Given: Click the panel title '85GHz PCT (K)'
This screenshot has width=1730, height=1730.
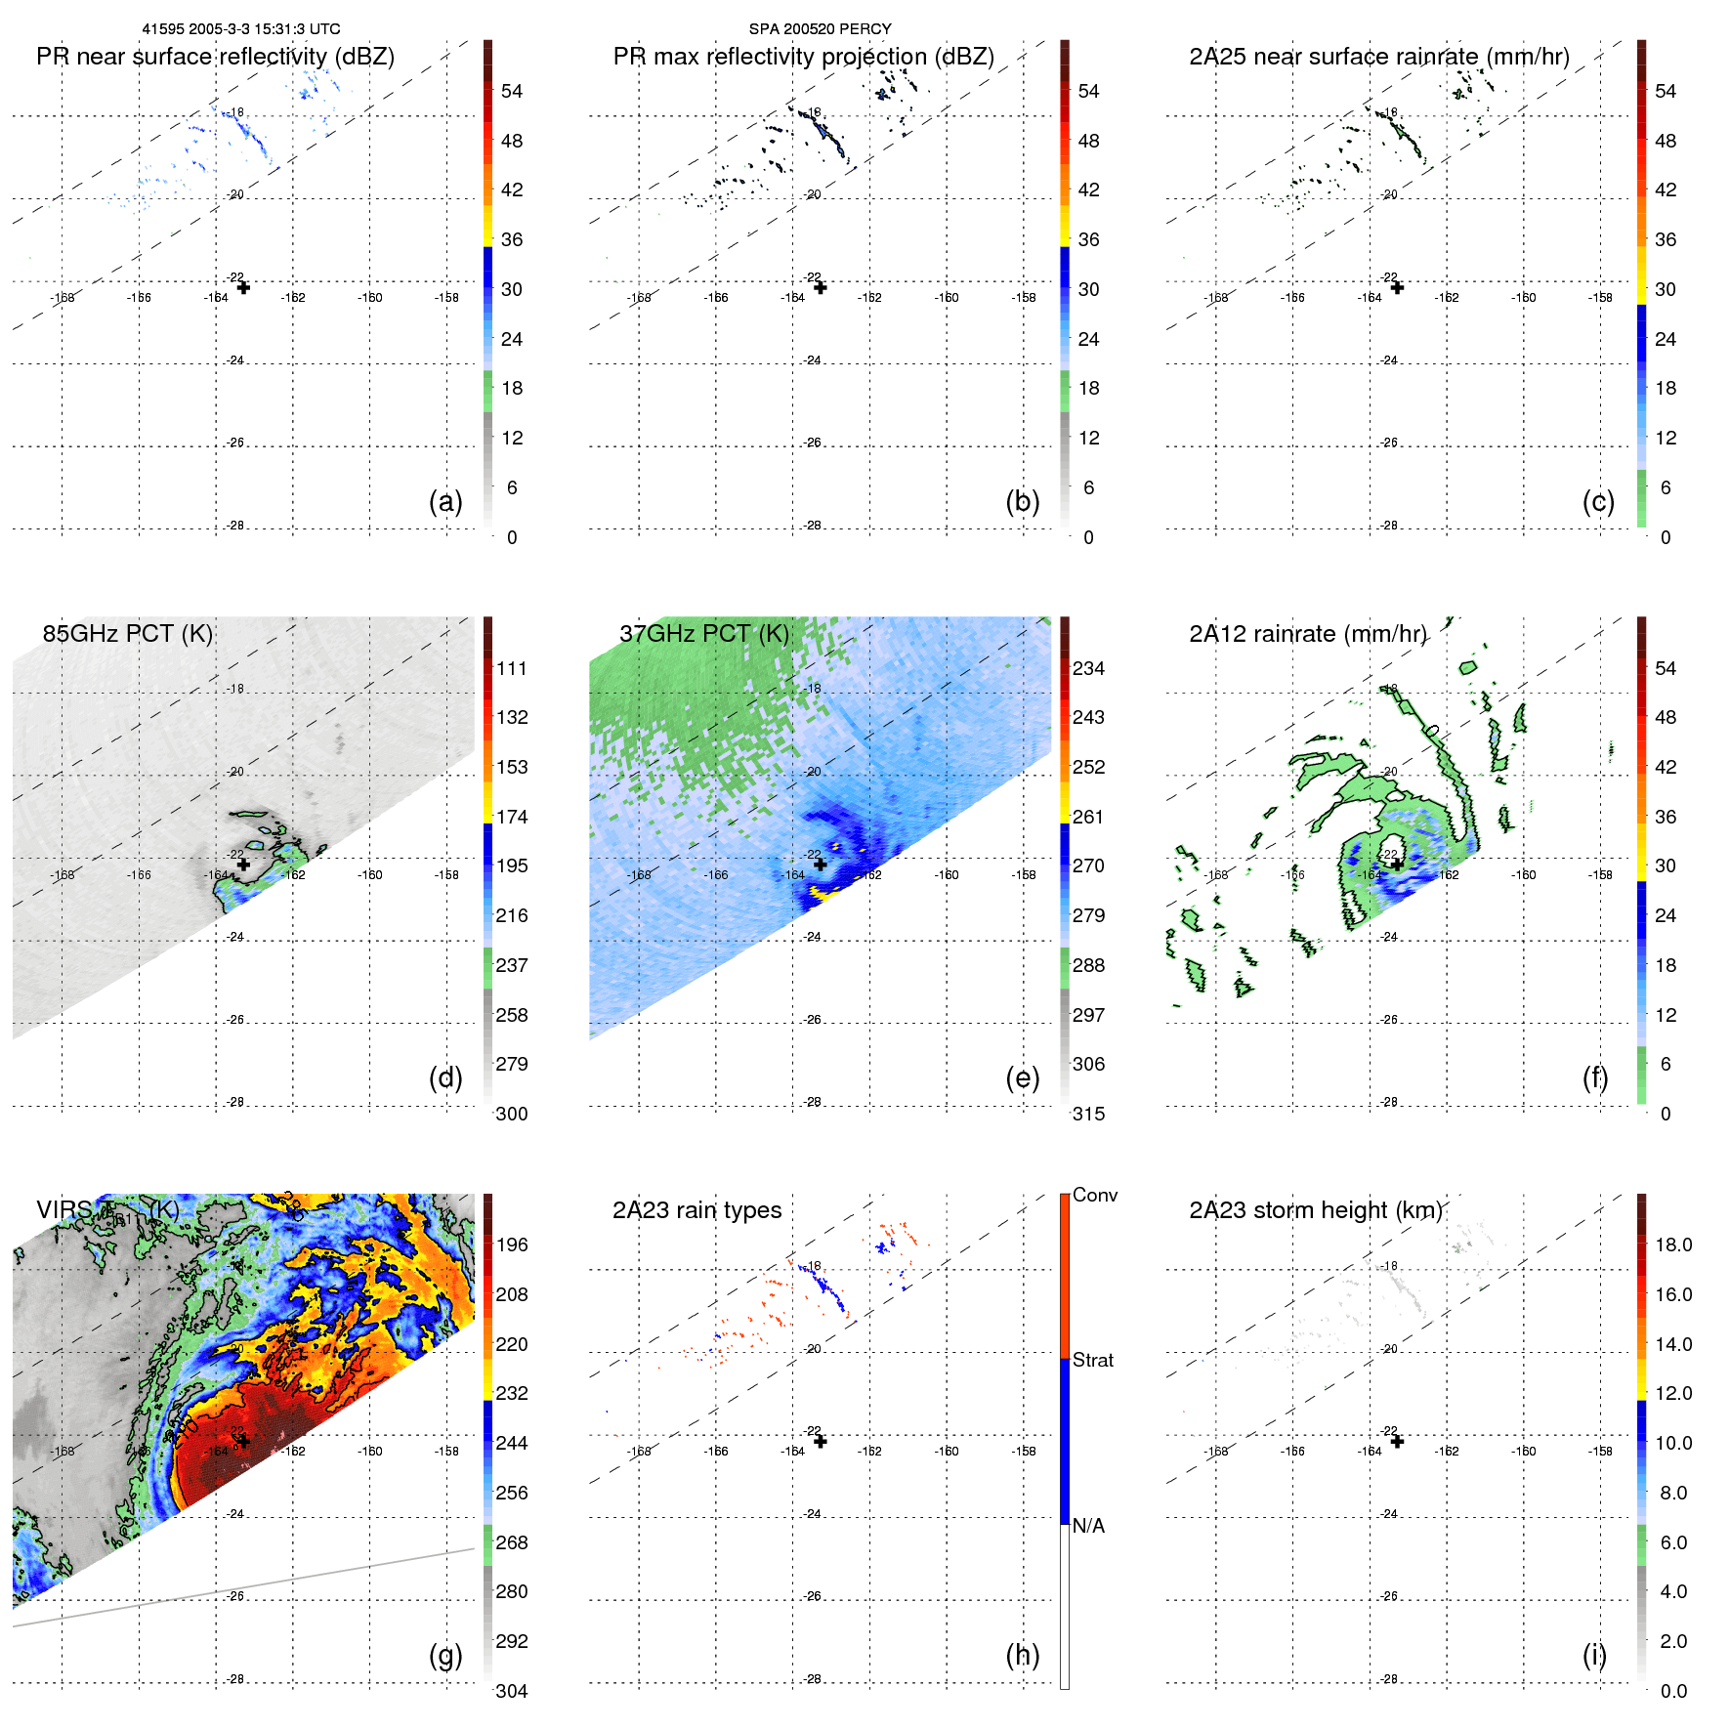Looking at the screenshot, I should tap(127, 633).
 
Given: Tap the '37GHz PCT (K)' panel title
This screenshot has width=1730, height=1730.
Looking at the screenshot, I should tap(703, 633).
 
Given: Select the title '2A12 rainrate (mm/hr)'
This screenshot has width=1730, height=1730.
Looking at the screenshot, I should tap(1307, 633).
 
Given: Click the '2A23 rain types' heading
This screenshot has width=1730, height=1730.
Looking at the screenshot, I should tap(696, 1210).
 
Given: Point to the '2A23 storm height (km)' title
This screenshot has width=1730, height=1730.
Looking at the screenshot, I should tap(1316, 1210).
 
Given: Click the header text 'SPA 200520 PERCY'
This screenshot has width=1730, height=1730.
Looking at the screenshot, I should tap(820, 28).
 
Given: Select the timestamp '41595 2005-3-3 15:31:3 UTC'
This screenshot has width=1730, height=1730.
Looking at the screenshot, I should tap(241, 28).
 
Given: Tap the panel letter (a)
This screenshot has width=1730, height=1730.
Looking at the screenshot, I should tap(445, 501).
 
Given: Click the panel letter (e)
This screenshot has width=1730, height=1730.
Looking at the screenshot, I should tap(1022, 1077).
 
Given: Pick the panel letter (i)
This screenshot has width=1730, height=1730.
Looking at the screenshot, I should tap(1594, 1655).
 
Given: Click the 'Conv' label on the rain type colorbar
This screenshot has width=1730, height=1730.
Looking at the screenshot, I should tap(1095, 1195).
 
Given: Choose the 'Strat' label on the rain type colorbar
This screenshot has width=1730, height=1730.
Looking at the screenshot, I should tap(1093, 1360).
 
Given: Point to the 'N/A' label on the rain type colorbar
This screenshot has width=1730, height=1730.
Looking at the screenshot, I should tap(1088, 1526).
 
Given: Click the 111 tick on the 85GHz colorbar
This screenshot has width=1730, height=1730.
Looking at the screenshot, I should tap(512, 668).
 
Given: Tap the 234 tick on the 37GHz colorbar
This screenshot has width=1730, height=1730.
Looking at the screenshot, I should tap(1088, 668).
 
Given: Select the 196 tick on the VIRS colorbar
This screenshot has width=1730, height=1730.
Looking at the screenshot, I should tap(512, 1245).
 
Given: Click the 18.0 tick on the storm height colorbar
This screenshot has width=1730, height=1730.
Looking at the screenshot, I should tap(1673, 1245).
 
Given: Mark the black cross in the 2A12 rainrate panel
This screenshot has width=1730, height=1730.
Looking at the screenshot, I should tap(1397, 865).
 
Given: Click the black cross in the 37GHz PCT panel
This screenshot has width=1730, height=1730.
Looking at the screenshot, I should tap(821, 865).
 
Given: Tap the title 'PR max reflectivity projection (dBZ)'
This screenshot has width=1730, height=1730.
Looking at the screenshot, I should tap(803, 57).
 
